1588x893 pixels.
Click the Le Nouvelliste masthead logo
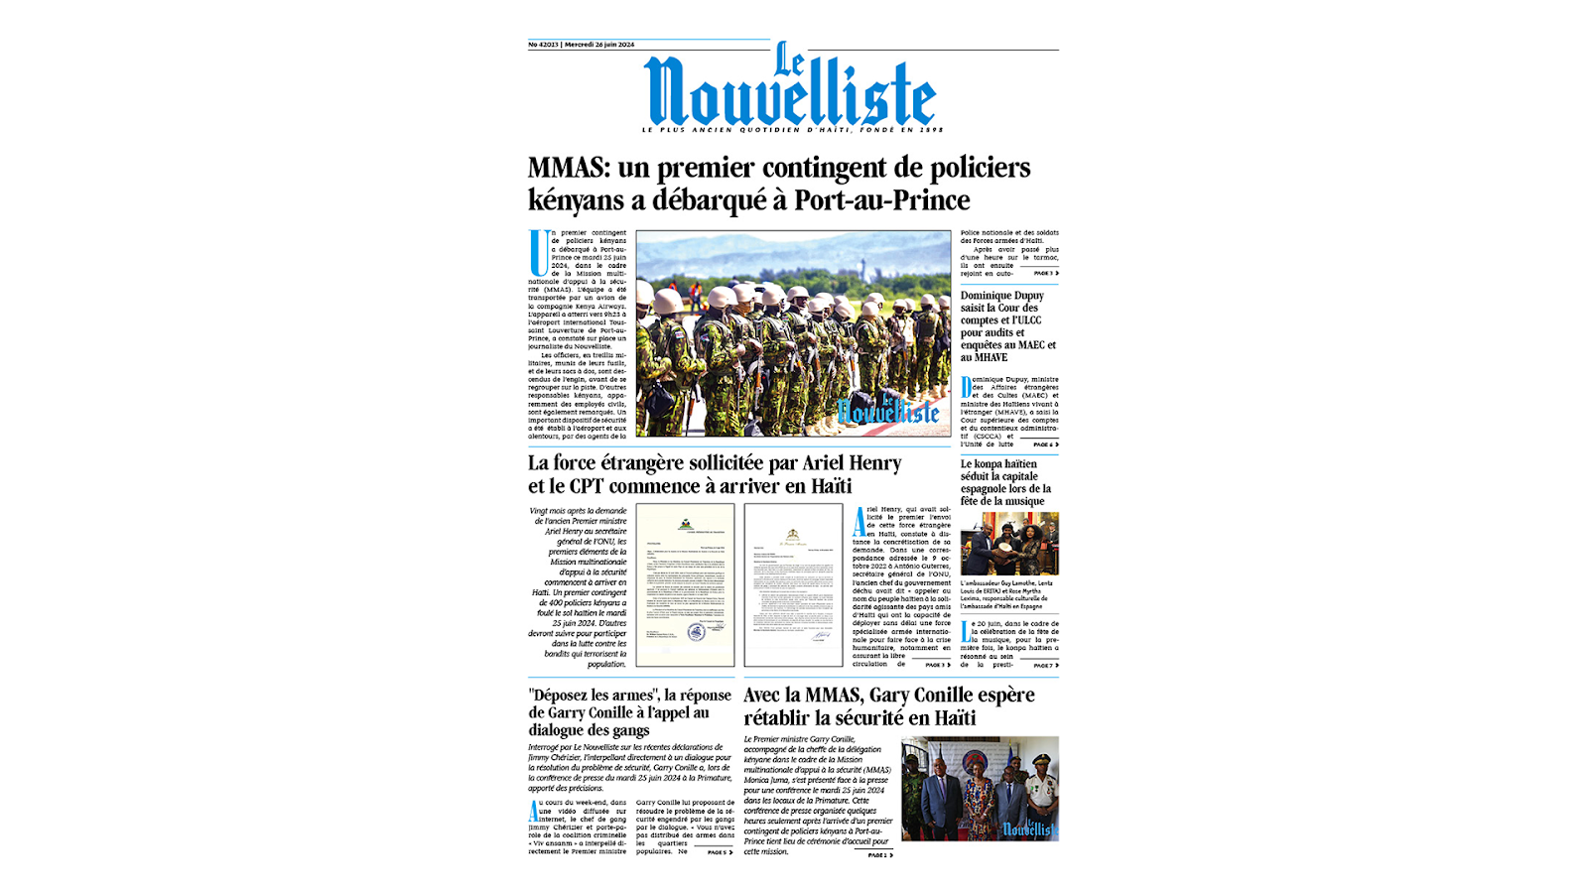(x=789, y=89)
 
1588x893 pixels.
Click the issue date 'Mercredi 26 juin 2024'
(x=599, y=45)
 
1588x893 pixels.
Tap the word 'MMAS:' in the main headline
(x=569, y=168)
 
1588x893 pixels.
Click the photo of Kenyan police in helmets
(x=792, y=334)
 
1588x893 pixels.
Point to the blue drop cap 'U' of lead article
(x=540, y=252)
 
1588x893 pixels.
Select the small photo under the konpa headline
(x=1008, y=544)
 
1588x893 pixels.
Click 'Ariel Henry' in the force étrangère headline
(x=852, y=463)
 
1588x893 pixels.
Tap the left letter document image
(x=685, y=584)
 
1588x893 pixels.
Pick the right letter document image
(x=793, y=584)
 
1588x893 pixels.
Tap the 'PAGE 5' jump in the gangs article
(x=720, y=852)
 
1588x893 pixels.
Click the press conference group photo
(x=980, y=789)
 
